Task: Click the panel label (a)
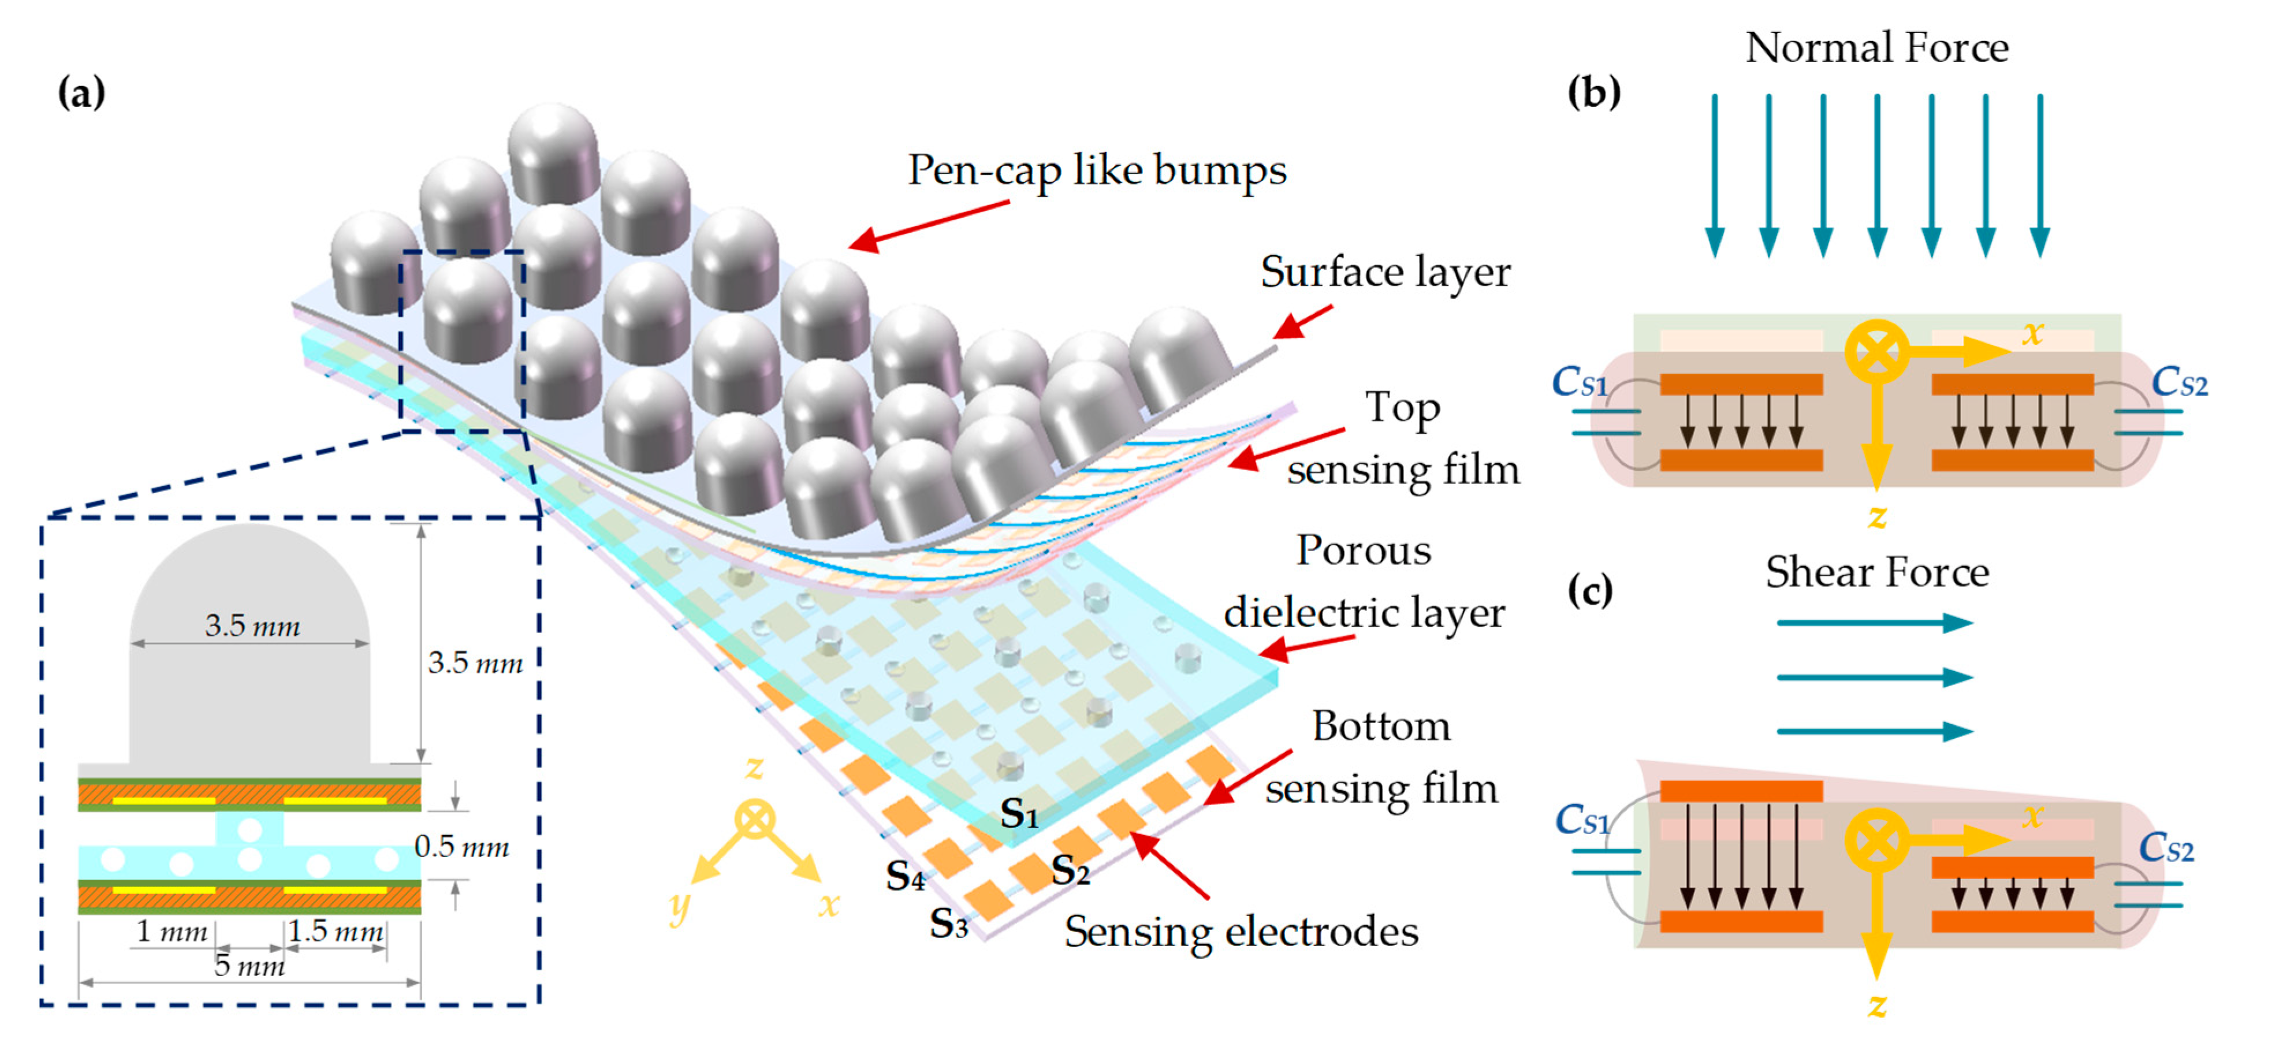pos(81,92)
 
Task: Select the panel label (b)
pos(1593,92)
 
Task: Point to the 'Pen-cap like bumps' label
pos(1097,170)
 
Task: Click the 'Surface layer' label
pos(1385,271)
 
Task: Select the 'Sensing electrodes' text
pos(1241,932)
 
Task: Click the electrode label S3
pos(948,924)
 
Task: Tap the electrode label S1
pos(1018,813)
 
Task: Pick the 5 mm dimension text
pos(249,965)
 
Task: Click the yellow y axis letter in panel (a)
pos(679,906)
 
